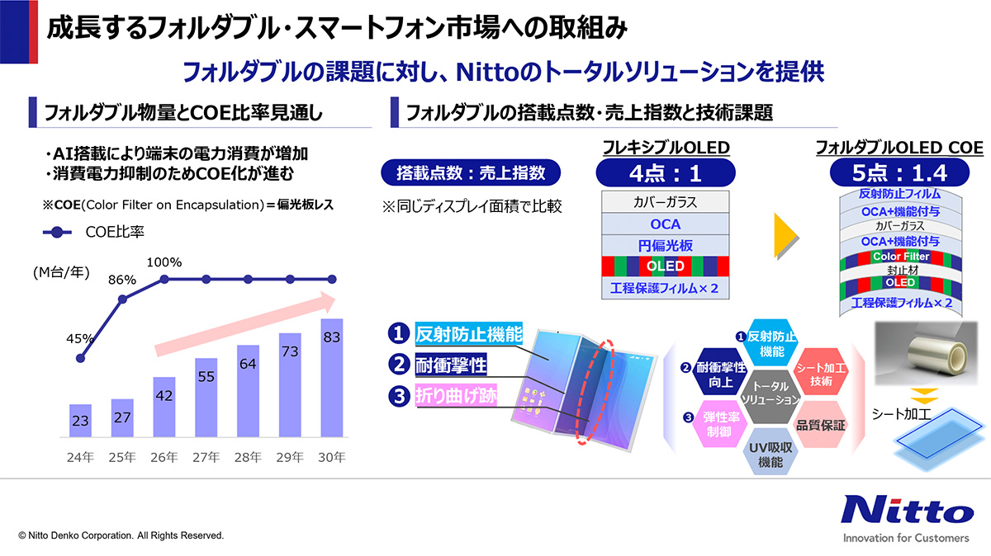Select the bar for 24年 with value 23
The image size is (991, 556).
coord(80,421)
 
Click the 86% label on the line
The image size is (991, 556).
coord(122,280)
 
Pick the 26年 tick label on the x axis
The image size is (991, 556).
coord(164,455)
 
